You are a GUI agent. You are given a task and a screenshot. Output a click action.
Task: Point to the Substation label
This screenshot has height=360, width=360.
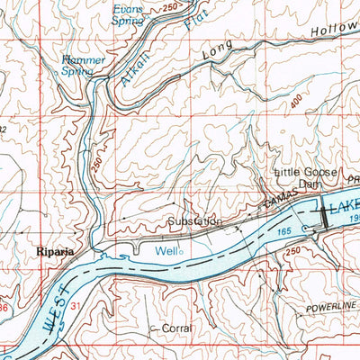[193, 220]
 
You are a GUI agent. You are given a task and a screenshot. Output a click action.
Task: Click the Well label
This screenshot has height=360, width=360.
[165, 252]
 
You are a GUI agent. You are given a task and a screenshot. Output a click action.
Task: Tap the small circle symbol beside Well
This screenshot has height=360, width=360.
[181, 253]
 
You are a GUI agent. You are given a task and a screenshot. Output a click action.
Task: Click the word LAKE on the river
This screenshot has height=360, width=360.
[343, 207]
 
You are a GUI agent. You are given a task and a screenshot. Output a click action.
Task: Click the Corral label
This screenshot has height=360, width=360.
[175, 329]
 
